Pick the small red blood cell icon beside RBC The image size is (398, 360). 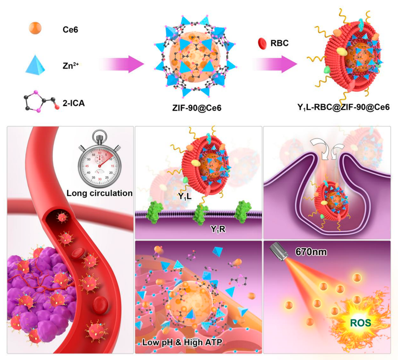click(x=262, y=43)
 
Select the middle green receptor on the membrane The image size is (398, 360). click(x=201, y=214)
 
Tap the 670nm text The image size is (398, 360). click(x=308, y=252)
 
